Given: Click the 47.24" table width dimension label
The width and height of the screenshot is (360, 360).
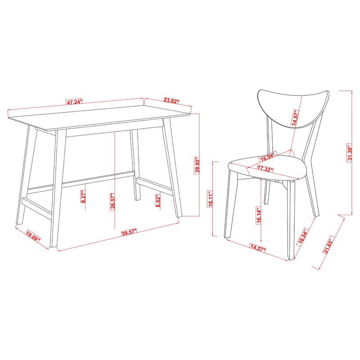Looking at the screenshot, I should [74, 102].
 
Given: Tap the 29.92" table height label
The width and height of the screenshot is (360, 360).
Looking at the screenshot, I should [197, 167].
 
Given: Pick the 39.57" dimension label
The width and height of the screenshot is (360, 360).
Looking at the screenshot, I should [128, 233].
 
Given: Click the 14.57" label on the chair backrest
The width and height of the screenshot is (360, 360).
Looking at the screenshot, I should [296, 120].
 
